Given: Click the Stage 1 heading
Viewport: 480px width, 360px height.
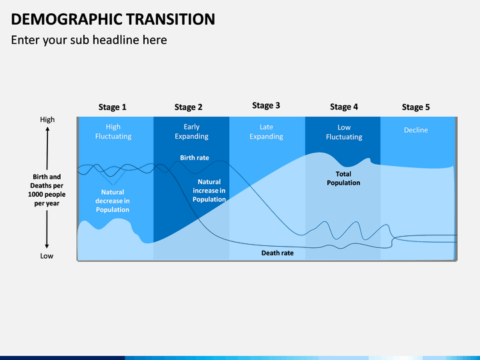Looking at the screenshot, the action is pyautogui.click(x=113, y=107).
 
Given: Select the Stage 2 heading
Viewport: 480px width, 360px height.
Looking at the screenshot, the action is pyautogui.click(x=188, y=107).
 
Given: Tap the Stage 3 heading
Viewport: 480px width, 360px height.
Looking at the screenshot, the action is pyautogui.click(x=266, y=105).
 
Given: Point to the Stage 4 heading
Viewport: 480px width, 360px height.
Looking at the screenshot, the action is pyautogui.click(x=344, y=107).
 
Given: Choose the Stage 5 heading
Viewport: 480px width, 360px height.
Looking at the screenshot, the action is pyautogui.click(x=416, y=107).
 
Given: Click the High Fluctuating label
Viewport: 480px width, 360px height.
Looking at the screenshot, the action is pyautogui.click(x=113, y=131).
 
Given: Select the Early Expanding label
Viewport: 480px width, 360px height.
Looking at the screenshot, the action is pyautogui.click(x=191, y=131).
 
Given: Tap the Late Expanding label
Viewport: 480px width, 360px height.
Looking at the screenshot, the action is pyautogui.click(x=266, y=132).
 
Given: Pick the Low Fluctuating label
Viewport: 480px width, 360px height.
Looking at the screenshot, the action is pyautogui.click(x=344, y=132).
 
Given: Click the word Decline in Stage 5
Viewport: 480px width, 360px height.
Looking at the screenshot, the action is pyautogui.click(x=416, y=130).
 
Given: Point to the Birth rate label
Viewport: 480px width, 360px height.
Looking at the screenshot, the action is pyautogui.click(x=195, y=158).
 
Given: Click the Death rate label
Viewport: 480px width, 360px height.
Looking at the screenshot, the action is pyautogui.click(x=277, y=253).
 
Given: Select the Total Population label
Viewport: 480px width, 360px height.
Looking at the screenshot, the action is pyautogui.click(x=343, y=179).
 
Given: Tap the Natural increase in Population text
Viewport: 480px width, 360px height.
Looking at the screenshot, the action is pyautogui.click(x=209, y=191).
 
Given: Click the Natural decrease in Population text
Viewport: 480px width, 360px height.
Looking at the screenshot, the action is pyautogui.click(x=113, y=201).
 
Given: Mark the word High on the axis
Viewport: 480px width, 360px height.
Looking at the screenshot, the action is pyautogui.click(x=47, y=120).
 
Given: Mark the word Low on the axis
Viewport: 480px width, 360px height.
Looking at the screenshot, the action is pyautogui.click(x=47, y=256).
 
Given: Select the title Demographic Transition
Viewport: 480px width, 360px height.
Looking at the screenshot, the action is pyautogui.click(x=113, y=19).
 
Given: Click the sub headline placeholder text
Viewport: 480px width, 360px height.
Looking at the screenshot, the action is pyautogui.click(x=89, y=40).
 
